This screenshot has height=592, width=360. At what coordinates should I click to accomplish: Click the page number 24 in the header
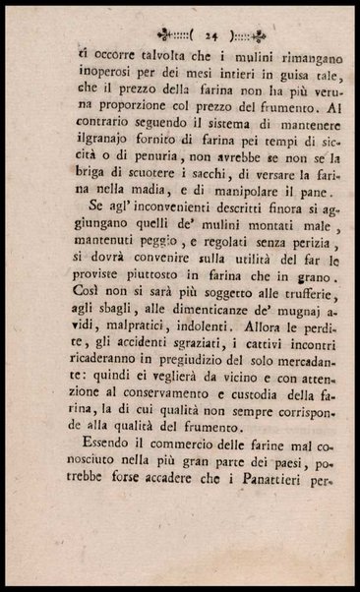tap(185, 32)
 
